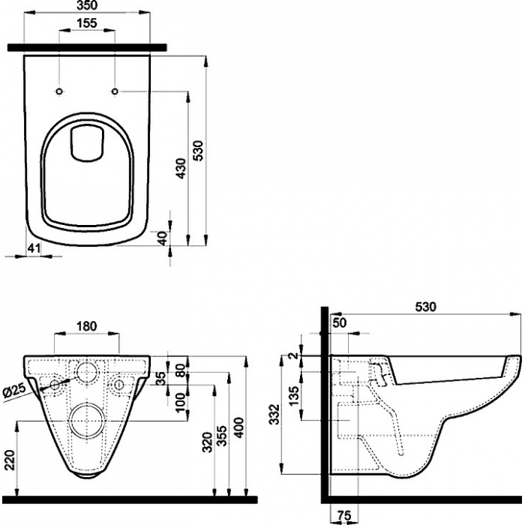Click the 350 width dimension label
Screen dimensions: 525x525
click(87, 5)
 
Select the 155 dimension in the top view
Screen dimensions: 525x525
click(87, 23)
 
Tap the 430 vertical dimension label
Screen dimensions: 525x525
click(181, 168)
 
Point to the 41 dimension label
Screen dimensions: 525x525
click(34, 248)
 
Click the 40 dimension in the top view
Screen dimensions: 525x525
click(162, 238)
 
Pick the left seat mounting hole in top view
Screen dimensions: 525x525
click(59, 91)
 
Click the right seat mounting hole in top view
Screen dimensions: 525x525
click(115, 91)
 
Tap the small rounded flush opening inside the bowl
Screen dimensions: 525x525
click(87, 142)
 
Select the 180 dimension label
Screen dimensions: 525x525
click(87, 326)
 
